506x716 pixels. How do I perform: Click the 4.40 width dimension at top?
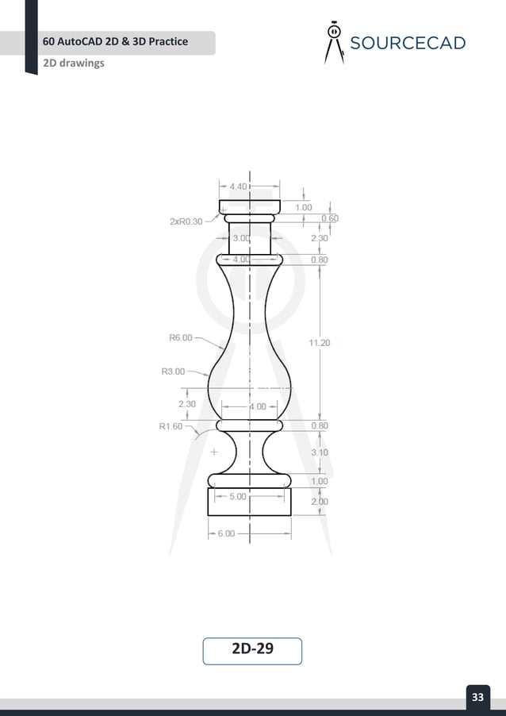point(238,187)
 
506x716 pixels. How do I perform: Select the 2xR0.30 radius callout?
point(186,222)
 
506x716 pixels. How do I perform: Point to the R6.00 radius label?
point(180,337)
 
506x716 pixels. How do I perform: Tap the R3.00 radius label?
point(173,371)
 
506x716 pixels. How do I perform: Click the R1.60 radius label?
point(171,426)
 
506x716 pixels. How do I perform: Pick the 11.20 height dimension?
point(319,343)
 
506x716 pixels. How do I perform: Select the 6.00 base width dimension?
point(226,533)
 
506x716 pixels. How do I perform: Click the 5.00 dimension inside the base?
point(237,497)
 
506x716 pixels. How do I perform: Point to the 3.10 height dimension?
point(320,452)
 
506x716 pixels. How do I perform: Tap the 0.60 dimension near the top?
point(329,218)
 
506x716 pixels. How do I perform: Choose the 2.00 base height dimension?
point(320,502)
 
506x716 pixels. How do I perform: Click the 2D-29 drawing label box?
point(252,649)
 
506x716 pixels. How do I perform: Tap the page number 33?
point(477,698)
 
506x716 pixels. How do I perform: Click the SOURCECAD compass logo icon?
point(335,42)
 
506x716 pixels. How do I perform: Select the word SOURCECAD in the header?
point(408,43)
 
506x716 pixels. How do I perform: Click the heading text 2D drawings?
point(75,63)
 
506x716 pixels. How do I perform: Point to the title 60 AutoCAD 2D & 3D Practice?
point(116,40)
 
